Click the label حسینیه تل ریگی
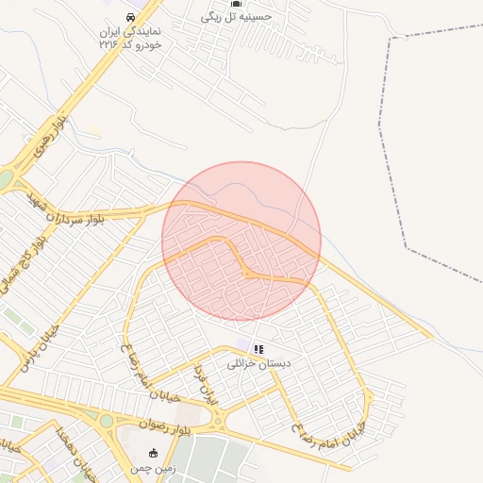point(236,16)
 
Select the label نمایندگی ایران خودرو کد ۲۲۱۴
point(131,38)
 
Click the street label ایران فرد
point(207,386)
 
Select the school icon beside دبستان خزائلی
point(258,349)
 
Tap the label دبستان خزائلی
point(259,363)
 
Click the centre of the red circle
point(241,241)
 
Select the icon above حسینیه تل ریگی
point(235,3)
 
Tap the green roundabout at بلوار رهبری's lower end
point(7,179)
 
